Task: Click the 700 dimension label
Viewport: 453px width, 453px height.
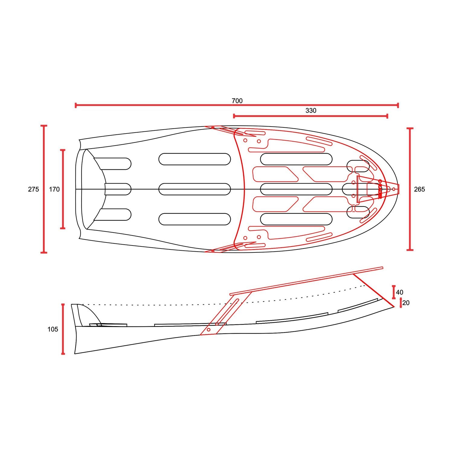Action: (x=237, y=101)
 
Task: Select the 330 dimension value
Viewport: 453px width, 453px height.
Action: (x=311, y=111)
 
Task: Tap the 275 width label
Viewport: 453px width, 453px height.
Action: (x=34, y=189)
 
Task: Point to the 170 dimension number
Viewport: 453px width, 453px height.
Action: (x=54, y=189)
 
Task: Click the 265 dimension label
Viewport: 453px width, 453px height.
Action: (x=419, y=189)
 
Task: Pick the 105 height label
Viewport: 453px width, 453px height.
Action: (x=53, y=329)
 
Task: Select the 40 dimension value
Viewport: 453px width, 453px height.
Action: (x=400, y=292)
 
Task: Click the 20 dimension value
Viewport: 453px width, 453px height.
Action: (x=406, y=303)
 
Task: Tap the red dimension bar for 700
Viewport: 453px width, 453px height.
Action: (x=237, y=105)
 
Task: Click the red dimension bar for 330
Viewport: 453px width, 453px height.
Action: (x=310, y=116)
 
